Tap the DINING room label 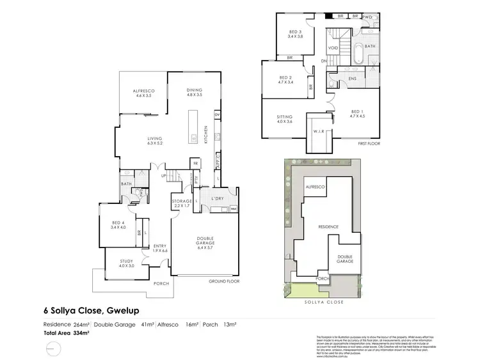pyautogui.click(x=194, y=92)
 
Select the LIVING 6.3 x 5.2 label pyautogui.click(x=155, y=139)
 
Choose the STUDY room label pyautogui.click(x=126, y=263)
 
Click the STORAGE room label pyautogui.click(x=182, y=204)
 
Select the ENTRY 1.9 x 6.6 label pyautogui.click(x=159, y=248)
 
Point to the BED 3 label pyautogui.click(x=295, y=34)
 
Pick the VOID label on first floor pyautogui.click(x=333, y=48)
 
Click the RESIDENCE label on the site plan pyautogui.click(x=325, y=227)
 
